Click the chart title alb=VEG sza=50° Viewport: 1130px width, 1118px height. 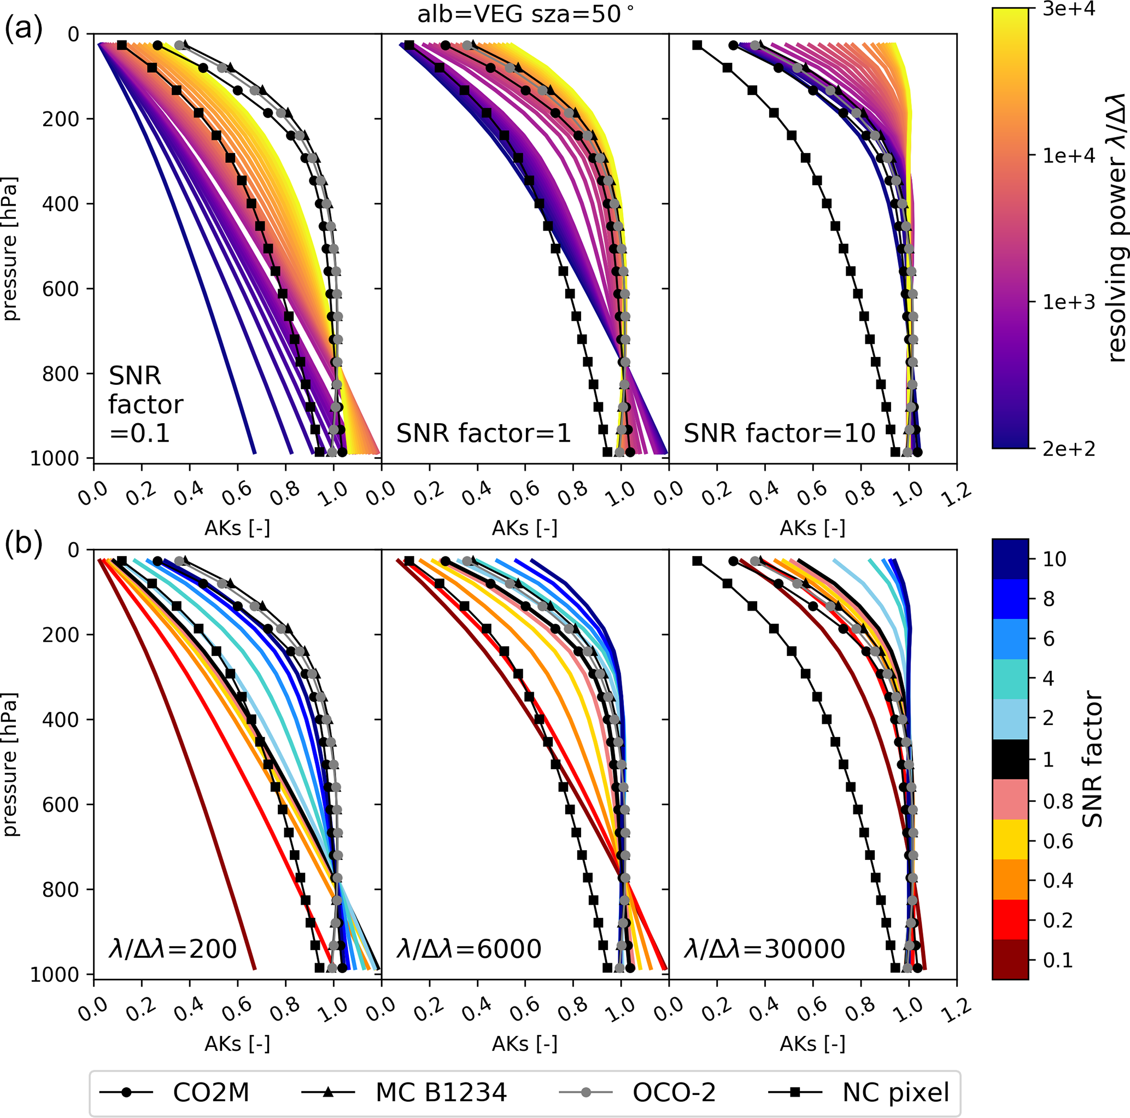pyautogui.click(x=525, y=14)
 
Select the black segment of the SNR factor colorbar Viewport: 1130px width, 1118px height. pyautogui.click(x=1010, y=759)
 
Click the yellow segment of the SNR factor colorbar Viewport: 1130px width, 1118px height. pyautogui.click(x=1010, y=840)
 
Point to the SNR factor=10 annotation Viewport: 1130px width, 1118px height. pyautogui.click(x=779, y=434)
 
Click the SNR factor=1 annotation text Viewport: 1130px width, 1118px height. pyautogui.click(x=483, y=434)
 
